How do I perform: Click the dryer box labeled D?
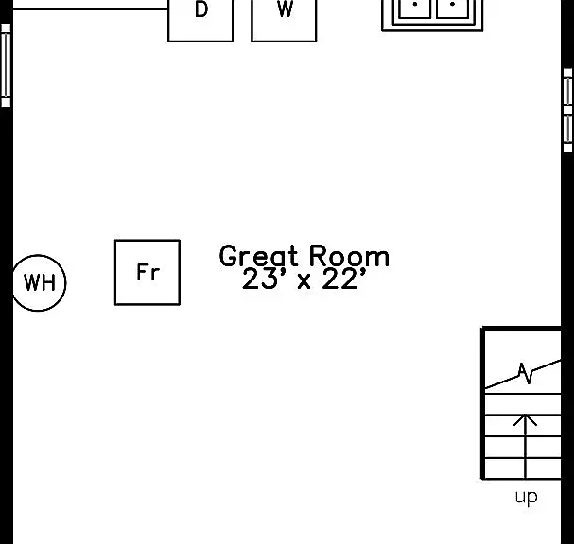200,21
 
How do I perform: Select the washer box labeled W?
284,21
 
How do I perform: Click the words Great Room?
304,256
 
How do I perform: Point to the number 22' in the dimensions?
344,279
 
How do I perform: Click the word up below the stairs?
527,497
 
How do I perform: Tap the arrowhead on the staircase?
526,419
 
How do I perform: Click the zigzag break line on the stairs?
525,374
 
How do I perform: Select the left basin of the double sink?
414,8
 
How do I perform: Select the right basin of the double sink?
452,8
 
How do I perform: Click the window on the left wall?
6,65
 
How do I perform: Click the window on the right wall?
567,110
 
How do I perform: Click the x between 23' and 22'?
304,281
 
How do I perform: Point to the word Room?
350,256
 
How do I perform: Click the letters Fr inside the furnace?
148,272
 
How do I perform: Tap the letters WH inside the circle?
40,283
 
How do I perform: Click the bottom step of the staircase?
522,468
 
